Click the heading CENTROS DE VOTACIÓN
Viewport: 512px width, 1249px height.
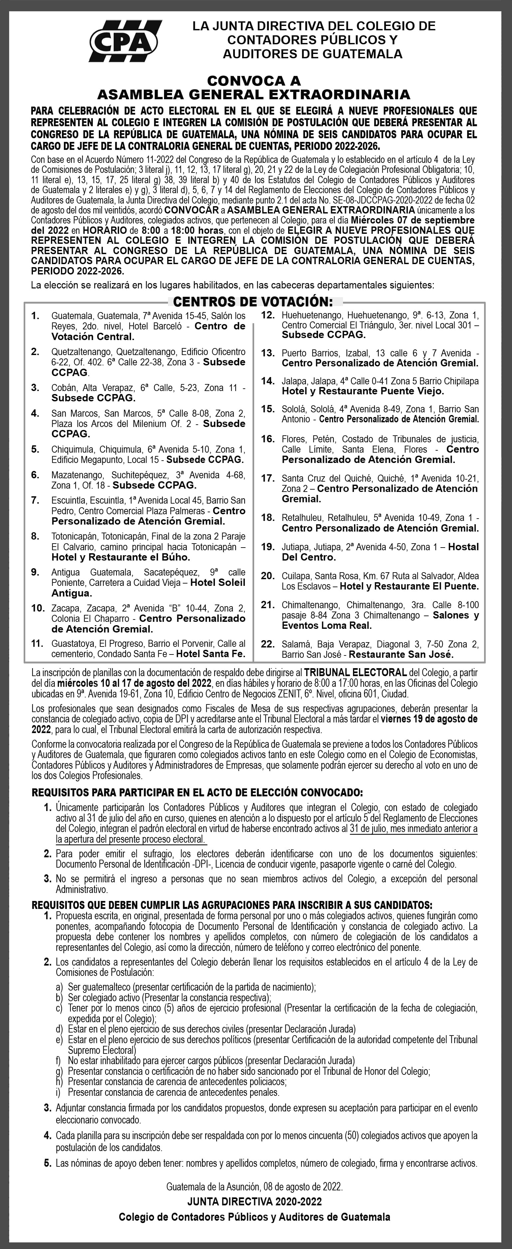pos(253,302)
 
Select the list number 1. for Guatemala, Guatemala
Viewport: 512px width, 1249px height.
pos(35,316)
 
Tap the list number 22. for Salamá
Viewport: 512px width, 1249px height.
pos(268,644)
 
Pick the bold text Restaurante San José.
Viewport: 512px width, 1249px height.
pos(401,654)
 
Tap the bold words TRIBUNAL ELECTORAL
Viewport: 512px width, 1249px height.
pos(355,673)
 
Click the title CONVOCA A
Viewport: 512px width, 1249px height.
pos(254,80)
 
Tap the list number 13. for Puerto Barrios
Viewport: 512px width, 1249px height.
pos(268,353)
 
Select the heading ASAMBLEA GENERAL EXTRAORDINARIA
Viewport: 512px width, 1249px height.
pos(254,94)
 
